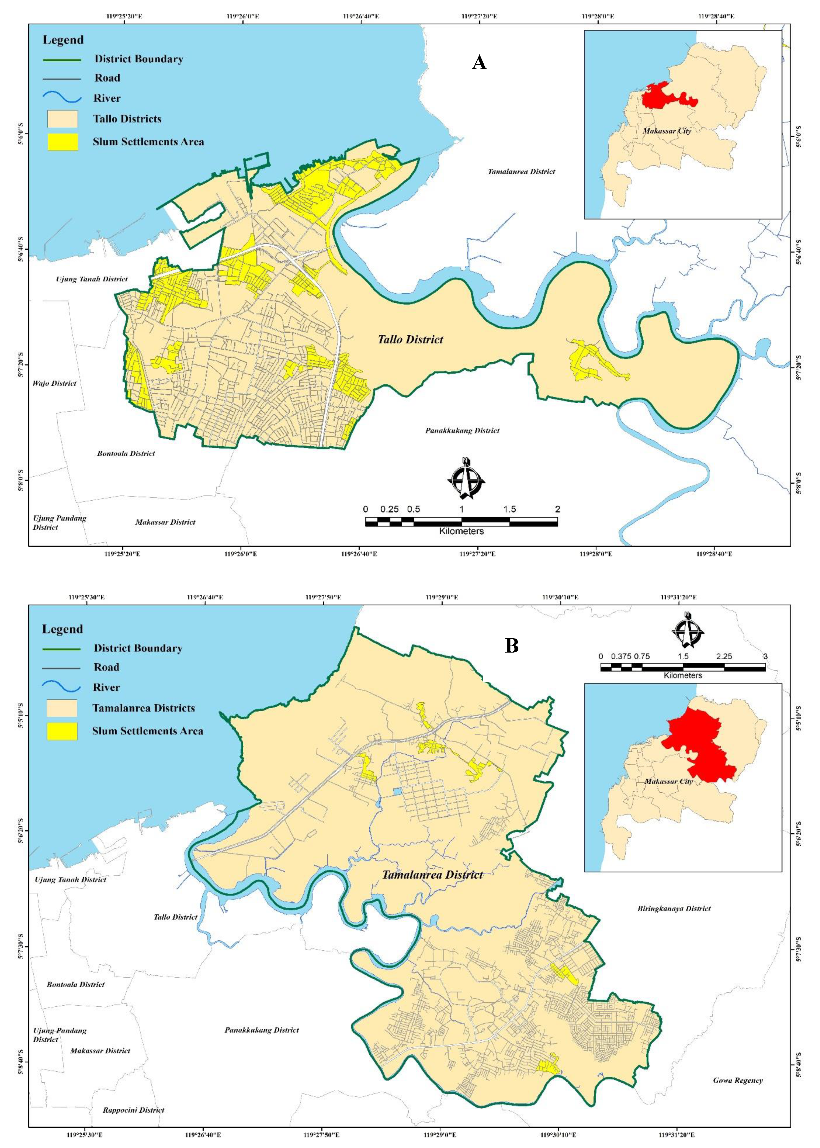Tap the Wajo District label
[55, 384]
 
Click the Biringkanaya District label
[674, 909]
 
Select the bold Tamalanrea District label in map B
[433, 875]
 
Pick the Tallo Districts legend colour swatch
[63, 119]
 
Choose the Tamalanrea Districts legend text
[143, 708]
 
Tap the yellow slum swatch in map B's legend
[62, 731]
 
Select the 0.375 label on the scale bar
[621, 656]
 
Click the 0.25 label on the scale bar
[389, 510]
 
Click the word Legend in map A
[63, 40]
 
